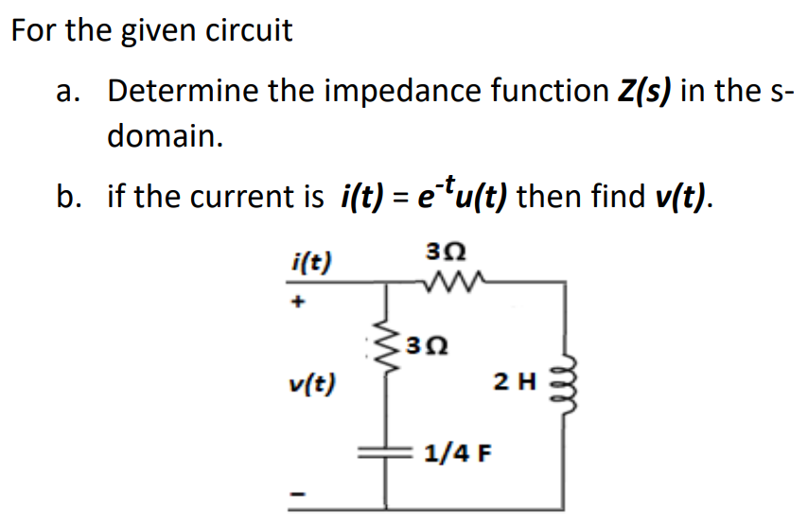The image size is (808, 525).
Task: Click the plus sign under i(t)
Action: (298, 304)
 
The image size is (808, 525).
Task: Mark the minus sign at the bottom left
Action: (298, 494)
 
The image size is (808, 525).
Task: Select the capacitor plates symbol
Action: (387, 453)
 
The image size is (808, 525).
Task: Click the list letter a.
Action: (65, 93)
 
